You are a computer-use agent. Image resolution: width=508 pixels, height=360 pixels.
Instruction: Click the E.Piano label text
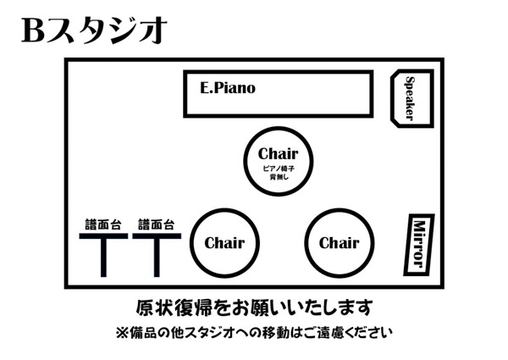pos(228,87)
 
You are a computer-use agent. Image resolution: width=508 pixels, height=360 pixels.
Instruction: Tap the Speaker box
pos(411,98)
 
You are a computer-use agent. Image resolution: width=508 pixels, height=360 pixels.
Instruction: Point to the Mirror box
pos(417,242)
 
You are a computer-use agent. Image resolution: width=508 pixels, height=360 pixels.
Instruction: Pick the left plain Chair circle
pos(224,243)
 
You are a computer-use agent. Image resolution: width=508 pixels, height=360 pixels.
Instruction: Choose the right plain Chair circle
pos(339,243)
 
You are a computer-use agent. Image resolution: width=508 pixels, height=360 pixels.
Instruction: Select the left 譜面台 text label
pos(104,224)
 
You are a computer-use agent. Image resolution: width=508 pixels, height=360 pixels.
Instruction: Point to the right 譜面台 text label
pos(156,224)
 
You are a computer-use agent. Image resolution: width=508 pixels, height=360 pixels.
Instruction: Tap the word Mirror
pos(417,242)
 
